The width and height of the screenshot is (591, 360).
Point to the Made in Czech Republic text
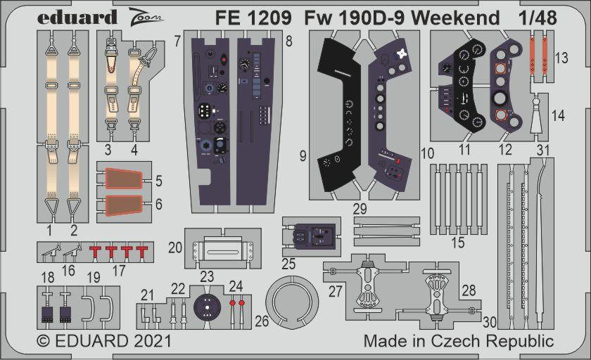459,342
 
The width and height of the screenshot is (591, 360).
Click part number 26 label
261,323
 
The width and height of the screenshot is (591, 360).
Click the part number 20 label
174,247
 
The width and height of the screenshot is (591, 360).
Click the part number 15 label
458,243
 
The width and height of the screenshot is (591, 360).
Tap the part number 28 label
469,290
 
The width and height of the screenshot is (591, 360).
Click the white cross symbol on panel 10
402,53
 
